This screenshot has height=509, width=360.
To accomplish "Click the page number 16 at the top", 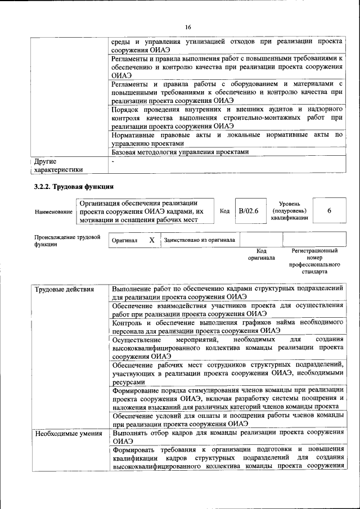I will click(x=188, y=27).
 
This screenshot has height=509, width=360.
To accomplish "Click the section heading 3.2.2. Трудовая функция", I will click(x=74, y=187).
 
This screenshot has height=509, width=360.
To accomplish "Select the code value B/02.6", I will click(x=248, y=211).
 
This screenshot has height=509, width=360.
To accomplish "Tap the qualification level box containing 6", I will click(x=328, y=211).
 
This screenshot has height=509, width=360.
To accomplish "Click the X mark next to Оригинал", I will click(x=152, y=240).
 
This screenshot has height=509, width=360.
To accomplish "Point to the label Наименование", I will click(x=53, y=211).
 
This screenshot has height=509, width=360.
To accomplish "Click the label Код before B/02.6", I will click(x=224, y=211).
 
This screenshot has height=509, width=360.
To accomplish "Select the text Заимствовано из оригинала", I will click(x=200, y=240).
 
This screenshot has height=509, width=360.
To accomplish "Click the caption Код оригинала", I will click(x=262, y=254).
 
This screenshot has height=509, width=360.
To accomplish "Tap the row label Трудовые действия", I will click(x=57, y=290).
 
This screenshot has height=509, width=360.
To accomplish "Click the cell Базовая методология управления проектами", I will click(x=179, y=152).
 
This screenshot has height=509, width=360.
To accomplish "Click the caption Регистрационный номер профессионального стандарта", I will click(x=314, y=260).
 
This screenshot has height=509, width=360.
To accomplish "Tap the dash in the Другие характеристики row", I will click(x=113, y=161).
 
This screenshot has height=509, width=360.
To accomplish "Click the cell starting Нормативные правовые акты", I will click(x=227, y=139).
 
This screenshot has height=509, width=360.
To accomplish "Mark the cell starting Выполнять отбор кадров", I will click(x=227, y=437).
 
